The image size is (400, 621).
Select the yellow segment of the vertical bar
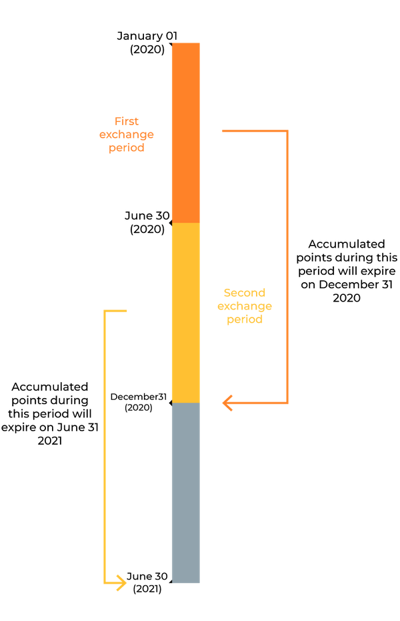coord(185,313)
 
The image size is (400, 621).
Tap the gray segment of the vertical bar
coord(185,493)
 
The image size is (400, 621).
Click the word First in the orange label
coord(127,122)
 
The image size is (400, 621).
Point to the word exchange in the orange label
coord(127,135)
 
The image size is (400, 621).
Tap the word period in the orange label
coord(127,148)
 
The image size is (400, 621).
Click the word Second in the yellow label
coord(245,293)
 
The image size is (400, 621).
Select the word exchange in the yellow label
coord(245,306)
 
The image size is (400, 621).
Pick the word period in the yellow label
coord(245,319)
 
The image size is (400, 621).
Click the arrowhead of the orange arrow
coord(227,403)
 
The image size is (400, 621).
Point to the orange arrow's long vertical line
coord(288,266)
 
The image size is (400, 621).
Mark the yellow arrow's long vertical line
coord(105,446)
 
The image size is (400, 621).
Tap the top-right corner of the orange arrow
coord(288,130)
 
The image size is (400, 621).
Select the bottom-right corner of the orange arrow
coord(288,403)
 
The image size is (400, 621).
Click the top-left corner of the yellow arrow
coord(105,311)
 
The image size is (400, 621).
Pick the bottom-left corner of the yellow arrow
coord(105,583)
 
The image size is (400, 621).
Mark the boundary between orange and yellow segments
coord(185,223)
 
